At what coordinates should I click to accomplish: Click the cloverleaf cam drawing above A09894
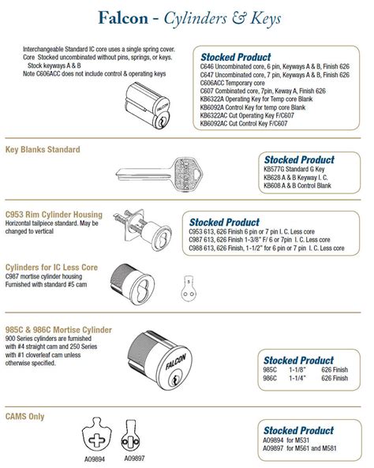coord(99,437)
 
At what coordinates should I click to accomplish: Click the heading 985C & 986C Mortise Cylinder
coord(58,329)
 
